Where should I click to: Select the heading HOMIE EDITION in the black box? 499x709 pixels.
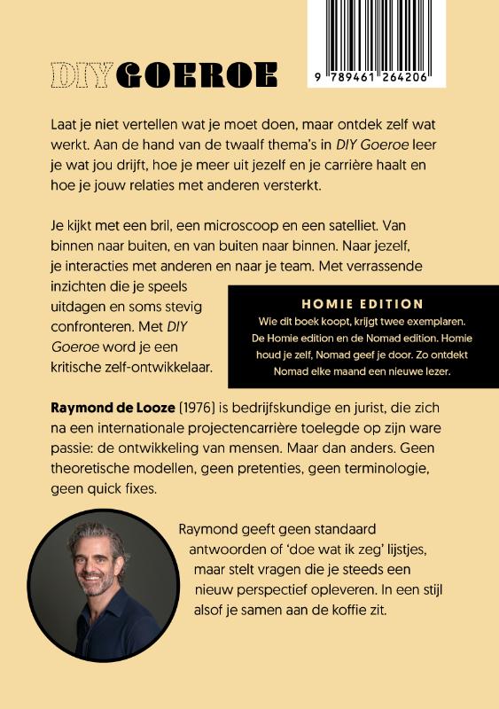click(362, 303)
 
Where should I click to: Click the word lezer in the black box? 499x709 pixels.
click(434, 370)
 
